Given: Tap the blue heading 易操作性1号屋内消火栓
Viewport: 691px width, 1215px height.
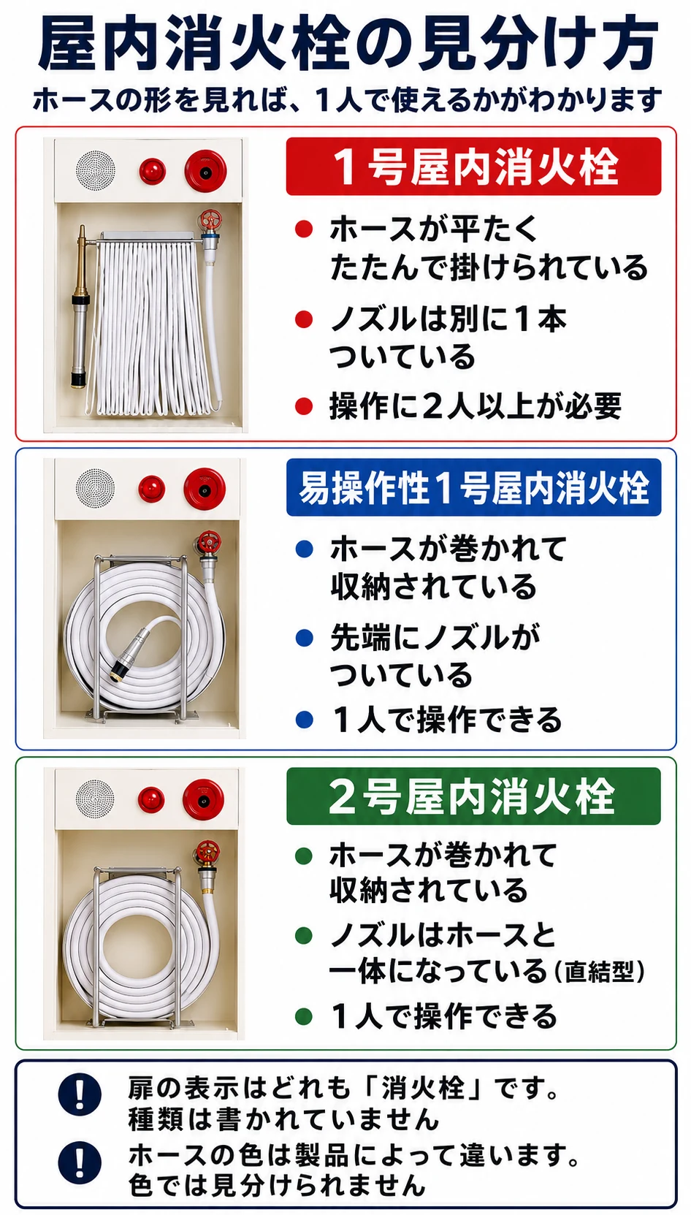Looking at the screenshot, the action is click(x=474, y=487).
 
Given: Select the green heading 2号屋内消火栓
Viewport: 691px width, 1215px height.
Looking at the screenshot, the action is click(x=473, y=796).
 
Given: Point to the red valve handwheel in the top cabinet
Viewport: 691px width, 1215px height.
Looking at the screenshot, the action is click(x=209, y=220).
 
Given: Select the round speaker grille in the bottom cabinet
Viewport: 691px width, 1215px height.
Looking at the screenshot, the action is click(x=95, y=799).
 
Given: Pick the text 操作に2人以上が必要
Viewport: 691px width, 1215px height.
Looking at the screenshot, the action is click(x=475, y=406).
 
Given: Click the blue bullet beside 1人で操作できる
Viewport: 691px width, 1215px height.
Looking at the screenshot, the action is click(x=305, y=720).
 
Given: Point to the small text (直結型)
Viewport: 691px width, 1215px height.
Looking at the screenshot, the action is click(x=600, y=972).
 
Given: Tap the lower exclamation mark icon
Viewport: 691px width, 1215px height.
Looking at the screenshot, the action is click(x=80, y=1162).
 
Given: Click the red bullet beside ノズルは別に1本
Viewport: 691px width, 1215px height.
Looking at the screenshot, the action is click(x=304, y=319).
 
